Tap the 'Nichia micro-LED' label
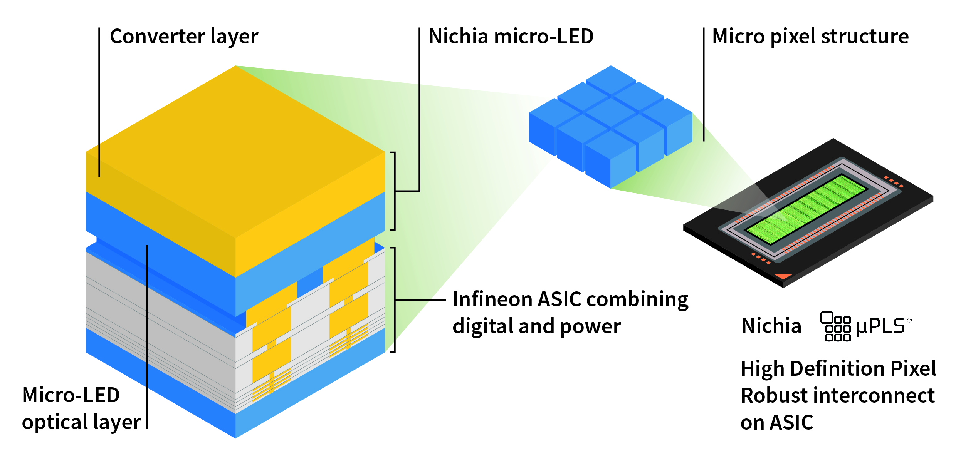click(x=511, y=37)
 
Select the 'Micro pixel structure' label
click(x=810, y=37)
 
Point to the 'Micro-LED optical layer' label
click(x=81, y=409)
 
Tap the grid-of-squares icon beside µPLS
click(x=835, y=327)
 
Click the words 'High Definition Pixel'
click(x=838, y=368)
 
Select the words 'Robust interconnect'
click(x=837, y=396)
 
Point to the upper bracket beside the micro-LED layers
click(x=393, y=191)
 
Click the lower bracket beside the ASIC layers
click(x=393, y=299)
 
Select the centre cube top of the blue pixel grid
click(x=611, y=112)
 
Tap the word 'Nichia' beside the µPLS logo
click(x=771, y=326)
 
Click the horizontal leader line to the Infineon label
click(x=421, y=299)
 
